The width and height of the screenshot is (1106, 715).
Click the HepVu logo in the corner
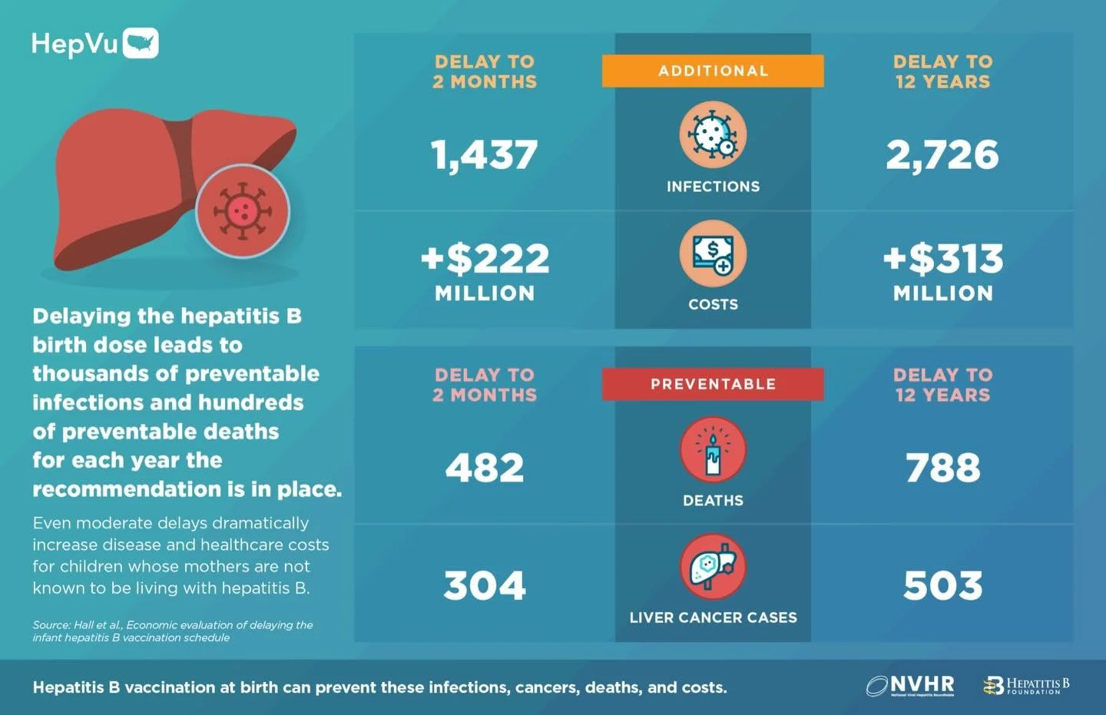pyautogui.click(x=94, y=44)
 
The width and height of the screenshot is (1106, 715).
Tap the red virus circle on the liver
pyautogui.click(x=243, y=210)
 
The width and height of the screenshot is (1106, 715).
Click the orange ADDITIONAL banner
pyautogui.click(x=713, y=71)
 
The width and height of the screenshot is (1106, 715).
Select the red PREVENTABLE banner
pyautogui.click(x=713, y=384)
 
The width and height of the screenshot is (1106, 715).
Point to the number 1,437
pyautogui.click(x=485, y=155)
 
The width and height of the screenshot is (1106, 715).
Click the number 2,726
pyautogui.click(x=942, y=155)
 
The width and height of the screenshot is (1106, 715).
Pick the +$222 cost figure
pyautogui.click(x=485, y=259)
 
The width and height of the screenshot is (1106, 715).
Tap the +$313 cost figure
pyautogui.click(x=942, y=259)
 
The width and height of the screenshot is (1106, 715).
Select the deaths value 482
pyautogui.click(x=485, y=468)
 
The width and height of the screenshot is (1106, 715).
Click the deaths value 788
pyautogui.click(x=942, y=468)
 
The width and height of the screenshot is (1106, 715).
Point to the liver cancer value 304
pyautogui.click(x=485, y=586)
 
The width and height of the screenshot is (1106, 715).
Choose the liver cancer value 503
pyautogui.click(x=942, y=586)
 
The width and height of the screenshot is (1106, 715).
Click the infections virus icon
pyautogui.click(x=713, y=135)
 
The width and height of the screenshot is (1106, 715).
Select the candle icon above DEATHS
pyautogui.click(x=713, y=450)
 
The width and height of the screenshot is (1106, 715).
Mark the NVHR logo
pyautogui.click(x=911, y=685)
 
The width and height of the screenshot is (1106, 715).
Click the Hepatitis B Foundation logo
pyautogui.click(x=1026, y=685)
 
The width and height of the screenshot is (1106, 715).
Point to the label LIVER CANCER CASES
pyautogui.click(x=713, y=617)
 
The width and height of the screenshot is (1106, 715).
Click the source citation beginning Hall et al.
pyautogui.click(x=173, y=631)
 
